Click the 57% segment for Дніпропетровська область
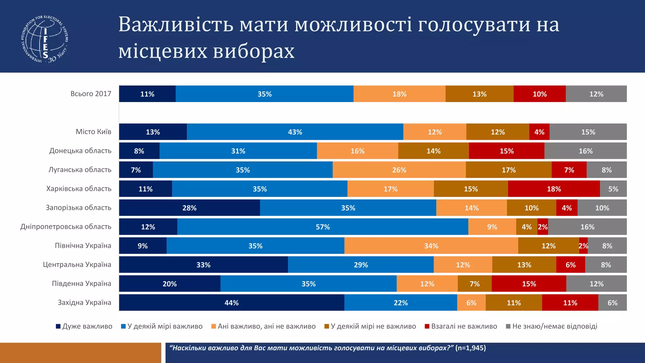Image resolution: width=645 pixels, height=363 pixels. pos(322,227)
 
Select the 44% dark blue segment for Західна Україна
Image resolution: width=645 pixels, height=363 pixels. pos(231,303)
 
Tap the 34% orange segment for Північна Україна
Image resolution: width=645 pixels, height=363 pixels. pos(431,246)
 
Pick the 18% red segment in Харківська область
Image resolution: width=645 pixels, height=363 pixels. pos(554,189)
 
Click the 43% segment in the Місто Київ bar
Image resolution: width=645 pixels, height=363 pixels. pos(295,132)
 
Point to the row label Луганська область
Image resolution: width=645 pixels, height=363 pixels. pos(80,170)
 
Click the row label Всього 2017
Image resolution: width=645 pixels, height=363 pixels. pos(91,94)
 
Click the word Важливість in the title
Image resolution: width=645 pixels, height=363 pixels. pos(176,25)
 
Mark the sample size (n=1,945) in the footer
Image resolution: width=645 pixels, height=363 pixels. pos(471,348)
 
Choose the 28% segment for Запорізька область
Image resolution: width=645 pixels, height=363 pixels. pos(189,208)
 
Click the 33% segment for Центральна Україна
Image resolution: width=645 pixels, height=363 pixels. pos(203,265)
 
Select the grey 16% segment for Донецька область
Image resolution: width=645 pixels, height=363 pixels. pos(585,151)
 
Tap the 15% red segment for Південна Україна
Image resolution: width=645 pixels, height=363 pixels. pos(529,284)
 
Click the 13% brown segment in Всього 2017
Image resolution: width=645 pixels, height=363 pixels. pos(479,94)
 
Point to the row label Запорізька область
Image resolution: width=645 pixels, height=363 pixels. pos(78,208)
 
